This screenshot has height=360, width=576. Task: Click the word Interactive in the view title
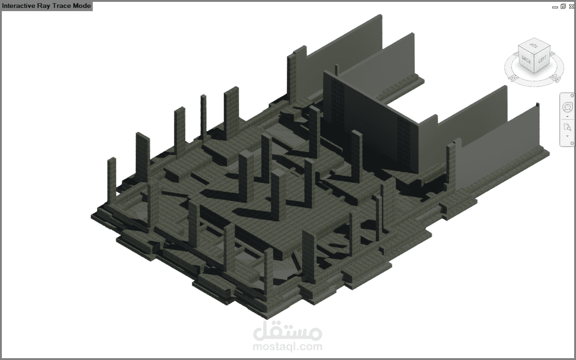coord(19,6)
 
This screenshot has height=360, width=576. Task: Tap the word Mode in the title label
coord(82,6)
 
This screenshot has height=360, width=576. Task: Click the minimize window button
coord(555,7)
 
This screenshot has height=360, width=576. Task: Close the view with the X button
coord(571,6)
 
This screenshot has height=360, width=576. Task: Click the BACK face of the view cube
coord(526,60)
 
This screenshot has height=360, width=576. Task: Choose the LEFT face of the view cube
coord(542,60)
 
